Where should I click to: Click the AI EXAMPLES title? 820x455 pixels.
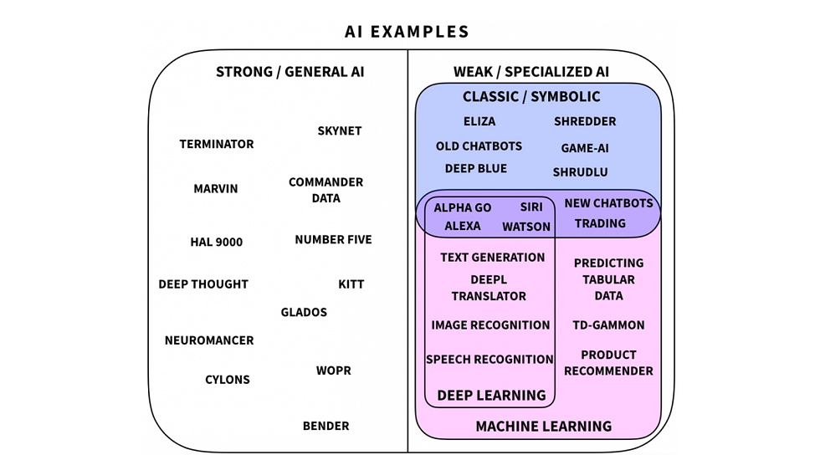[x=407, y=32]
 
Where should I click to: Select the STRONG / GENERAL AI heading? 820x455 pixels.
[x=290, y=72]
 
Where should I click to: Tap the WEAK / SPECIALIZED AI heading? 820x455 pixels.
[x=530, y=72]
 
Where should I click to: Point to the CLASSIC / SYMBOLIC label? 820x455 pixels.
[x=531, y=97]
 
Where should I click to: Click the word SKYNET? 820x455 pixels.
[x=340, y=130]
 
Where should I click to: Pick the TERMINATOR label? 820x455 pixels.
[x=217, y=144]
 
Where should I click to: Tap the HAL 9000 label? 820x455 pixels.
[x=217, y=243]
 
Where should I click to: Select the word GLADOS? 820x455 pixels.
[x=304, y=312]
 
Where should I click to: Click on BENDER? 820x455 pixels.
[x=325, y=426]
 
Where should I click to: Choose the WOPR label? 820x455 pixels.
[x=334, y=371]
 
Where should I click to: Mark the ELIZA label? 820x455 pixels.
[x=479, y=121]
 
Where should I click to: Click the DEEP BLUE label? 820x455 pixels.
[x=476, y=168]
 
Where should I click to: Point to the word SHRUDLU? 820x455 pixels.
[x=581, y=172]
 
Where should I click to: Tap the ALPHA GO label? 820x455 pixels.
[x=462, y=207]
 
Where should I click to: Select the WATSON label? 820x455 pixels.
[x=526, y=227]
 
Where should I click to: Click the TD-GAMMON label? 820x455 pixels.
[x=609, y=325]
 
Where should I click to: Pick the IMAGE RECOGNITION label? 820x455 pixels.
[x=490, y=325]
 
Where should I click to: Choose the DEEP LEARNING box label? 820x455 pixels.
[x=492, y=396]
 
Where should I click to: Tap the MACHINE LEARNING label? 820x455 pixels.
[x=544, y=427]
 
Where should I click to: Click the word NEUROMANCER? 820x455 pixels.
[x=209, y=340]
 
